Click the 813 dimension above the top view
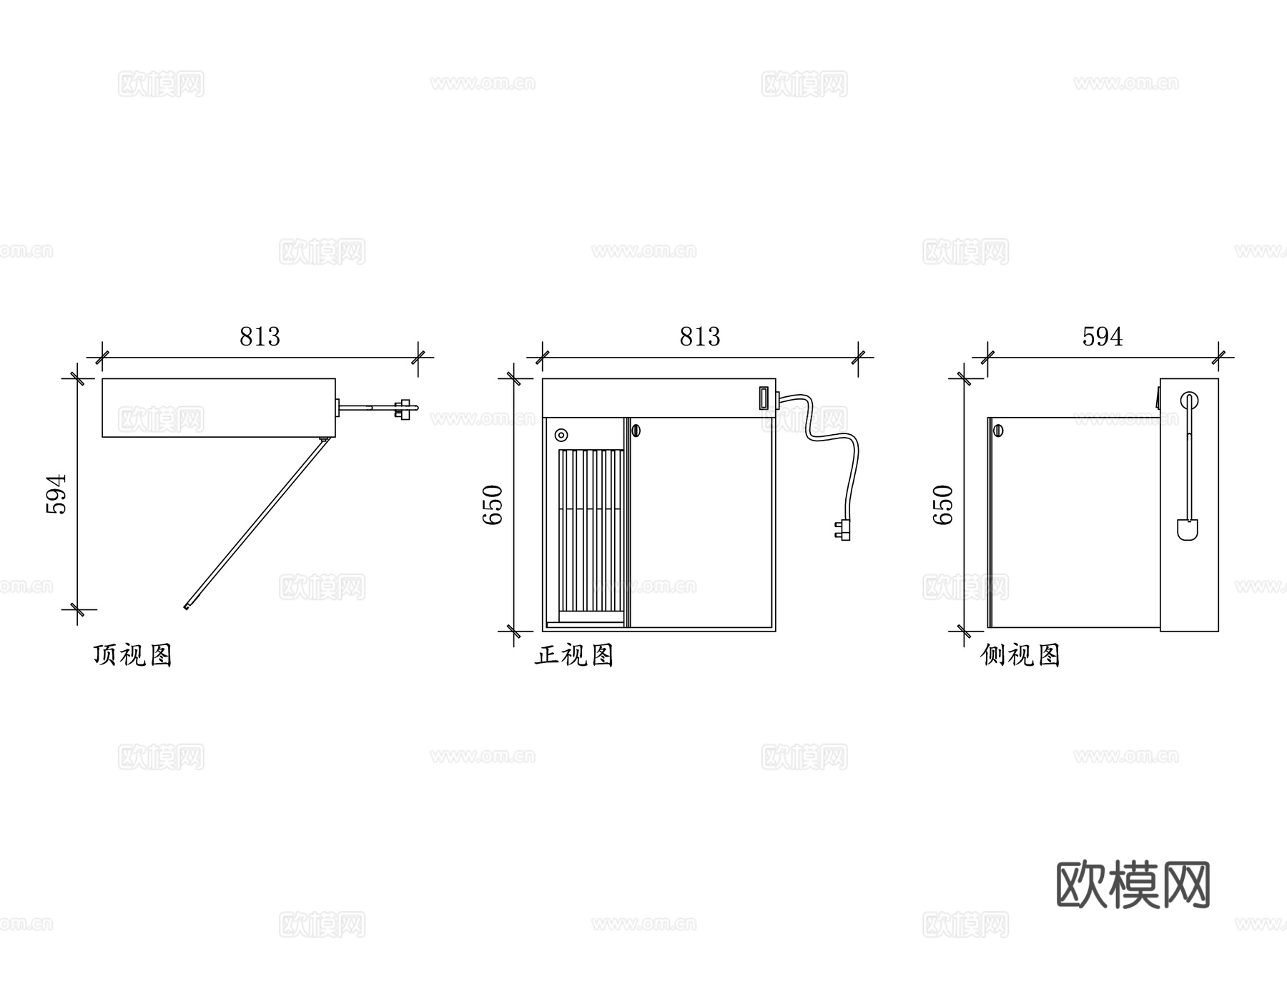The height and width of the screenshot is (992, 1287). point(260,337)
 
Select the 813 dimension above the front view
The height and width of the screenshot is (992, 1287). point(699,337)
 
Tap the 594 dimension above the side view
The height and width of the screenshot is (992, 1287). point(1102,337)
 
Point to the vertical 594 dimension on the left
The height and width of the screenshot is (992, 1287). point(56,493)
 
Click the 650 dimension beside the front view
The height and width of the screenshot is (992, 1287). point(493,504)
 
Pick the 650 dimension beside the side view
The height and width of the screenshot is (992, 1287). point(944,504)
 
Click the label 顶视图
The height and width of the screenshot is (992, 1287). point(133,654)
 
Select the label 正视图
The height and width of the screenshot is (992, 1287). point(574,654)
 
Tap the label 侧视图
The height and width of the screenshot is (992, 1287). point(1020,654)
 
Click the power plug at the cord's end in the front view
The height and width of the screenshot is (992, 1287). point(842,530)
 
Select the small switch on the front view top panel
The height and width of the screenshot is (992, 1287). point(764,398)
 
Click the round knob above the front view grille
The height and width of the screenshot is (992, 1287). point(561,435)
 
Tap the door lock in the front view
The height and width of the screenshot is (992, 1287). point(636,431)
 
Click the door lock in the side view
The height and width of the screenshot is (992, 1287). point(998,431)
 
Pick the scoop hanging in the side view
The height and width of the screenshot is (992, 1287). point(1188,529)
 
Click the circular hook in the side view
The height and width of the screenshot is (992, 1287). point(1188,400)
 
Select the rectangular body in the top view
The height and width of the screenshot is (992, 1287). point(218,408)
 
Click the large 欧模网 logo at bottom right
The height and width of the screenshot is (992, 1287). point(1133,885)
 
